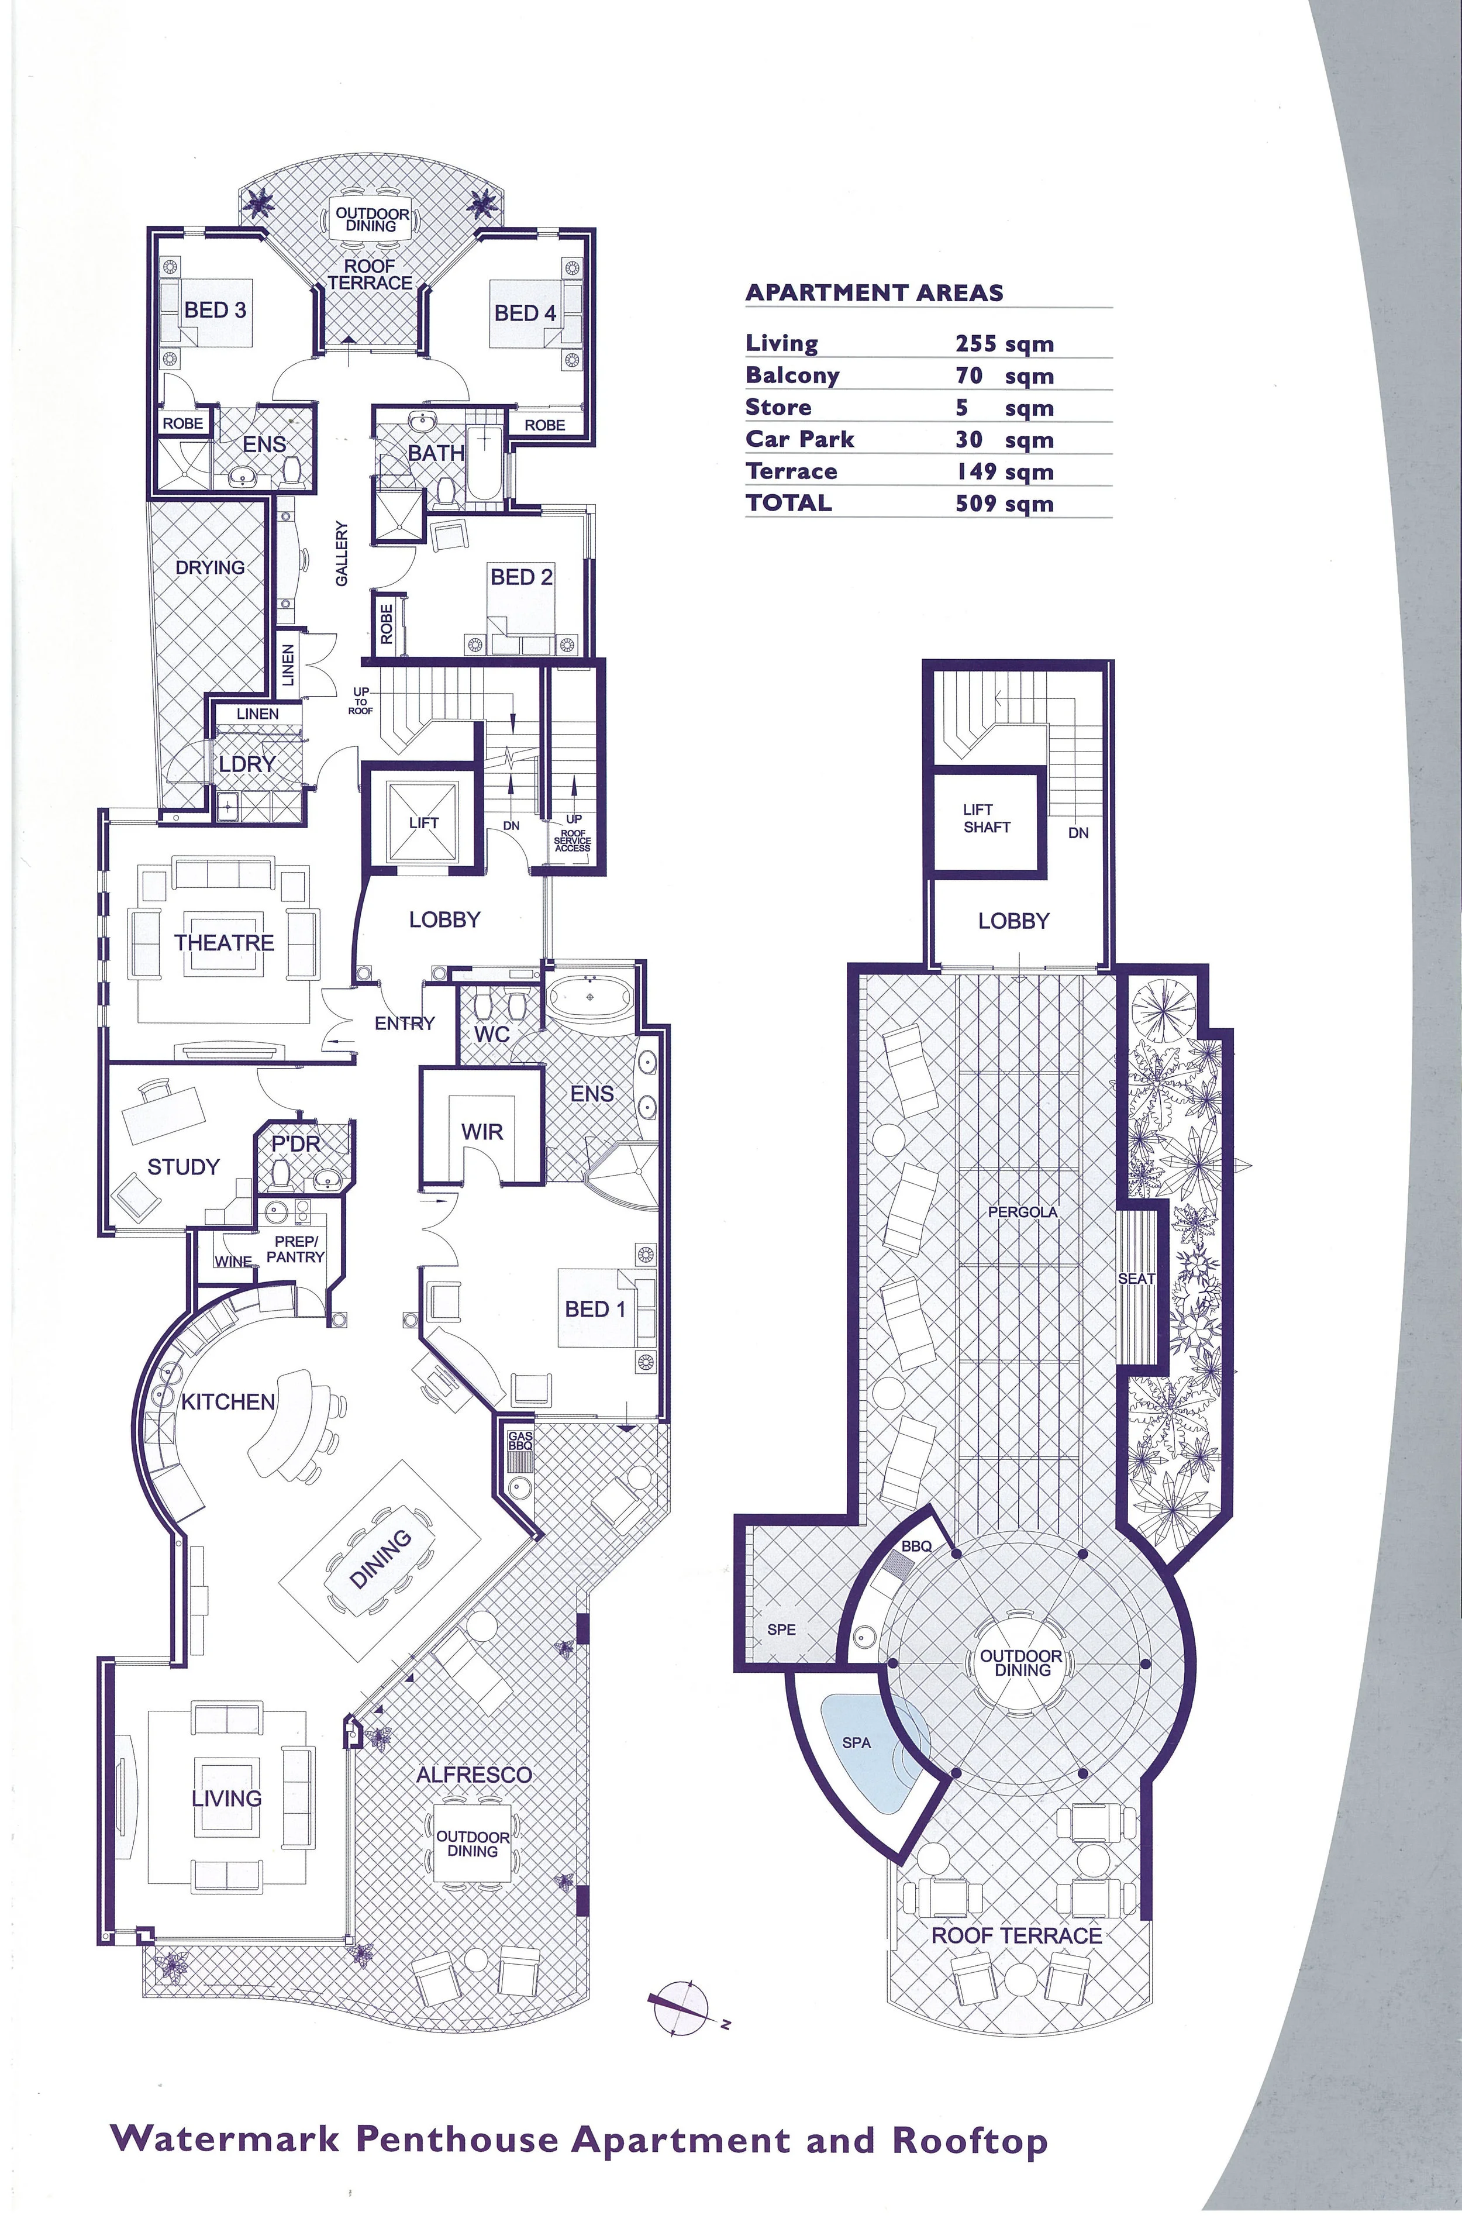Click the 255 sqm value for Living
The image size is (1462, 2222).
click(1004, 343)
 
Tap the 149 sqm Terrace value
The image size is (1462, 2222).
click(1004, 471)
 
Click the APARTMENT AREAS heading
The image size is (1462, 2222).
click(874, 292)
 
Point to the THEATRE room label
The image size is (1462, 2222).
click(224, 942)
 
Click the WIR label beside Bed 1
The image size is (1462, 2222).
click(482, 1132)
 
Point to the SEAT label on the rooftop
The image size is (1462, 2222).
click(1136, 1278)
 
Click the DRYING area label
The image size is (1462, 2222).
click(210, 567)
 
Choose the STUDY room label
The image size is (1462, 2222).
click(183, 1166)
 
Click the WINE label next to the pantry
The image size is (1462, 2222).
click(233, 1261)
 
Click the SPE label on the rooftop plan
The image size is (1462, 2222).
click(781, 1629)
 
